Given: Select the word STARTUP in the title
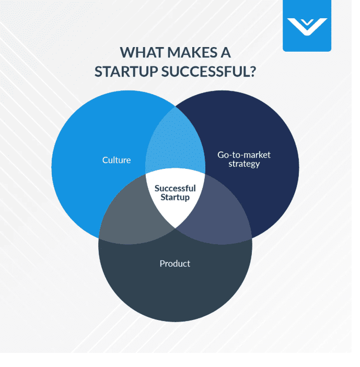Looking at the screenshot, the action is coord(126,72).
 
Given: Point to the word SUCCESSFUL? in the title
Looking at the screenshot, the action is coord(208,72).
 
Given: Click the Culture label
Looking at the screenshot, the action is coord(117,160).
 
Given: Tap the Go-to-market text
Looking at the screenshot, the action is coord(244,155).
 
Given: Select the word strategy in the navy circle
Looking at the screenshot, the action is coord(244,164).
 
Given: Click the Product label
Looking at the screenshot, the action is coord(175,263).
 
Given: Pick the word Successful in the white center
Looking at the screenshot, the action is coord(175,188).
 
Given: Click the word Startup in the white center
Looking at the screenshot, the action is coord(175,197).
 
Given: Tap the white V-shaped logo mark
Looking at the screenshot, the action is coord(307,27).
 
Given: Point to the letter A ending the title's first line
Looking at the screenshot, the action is coord(226,52).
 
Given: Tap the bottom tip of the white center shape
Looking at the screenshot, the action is coord(175,228).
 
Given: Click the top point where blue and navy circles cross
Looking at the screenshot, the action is coord(175,107).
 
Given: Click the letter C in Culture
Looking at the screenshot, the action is coord(105,160).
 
